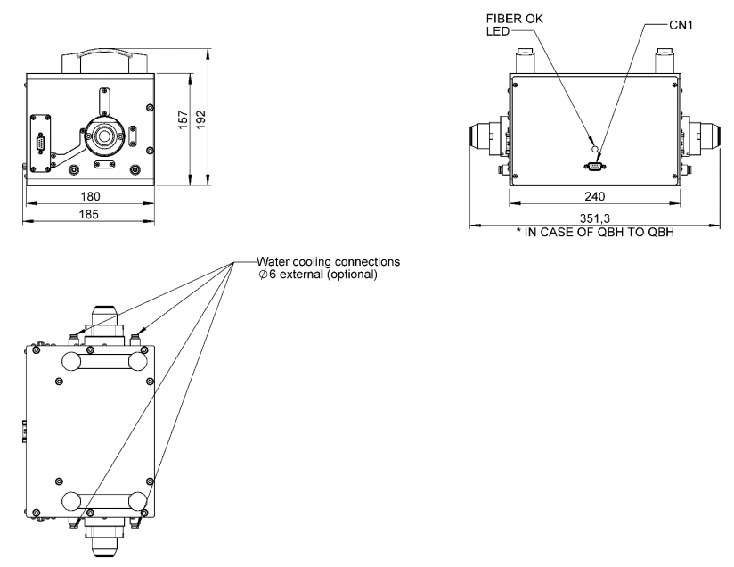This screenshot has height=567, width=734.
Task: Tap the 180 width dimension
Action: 91,195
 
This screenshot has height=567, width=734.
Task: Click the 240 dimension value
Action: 594,195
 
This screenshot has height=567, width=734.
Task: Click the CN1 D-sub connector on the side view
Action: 594,164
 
